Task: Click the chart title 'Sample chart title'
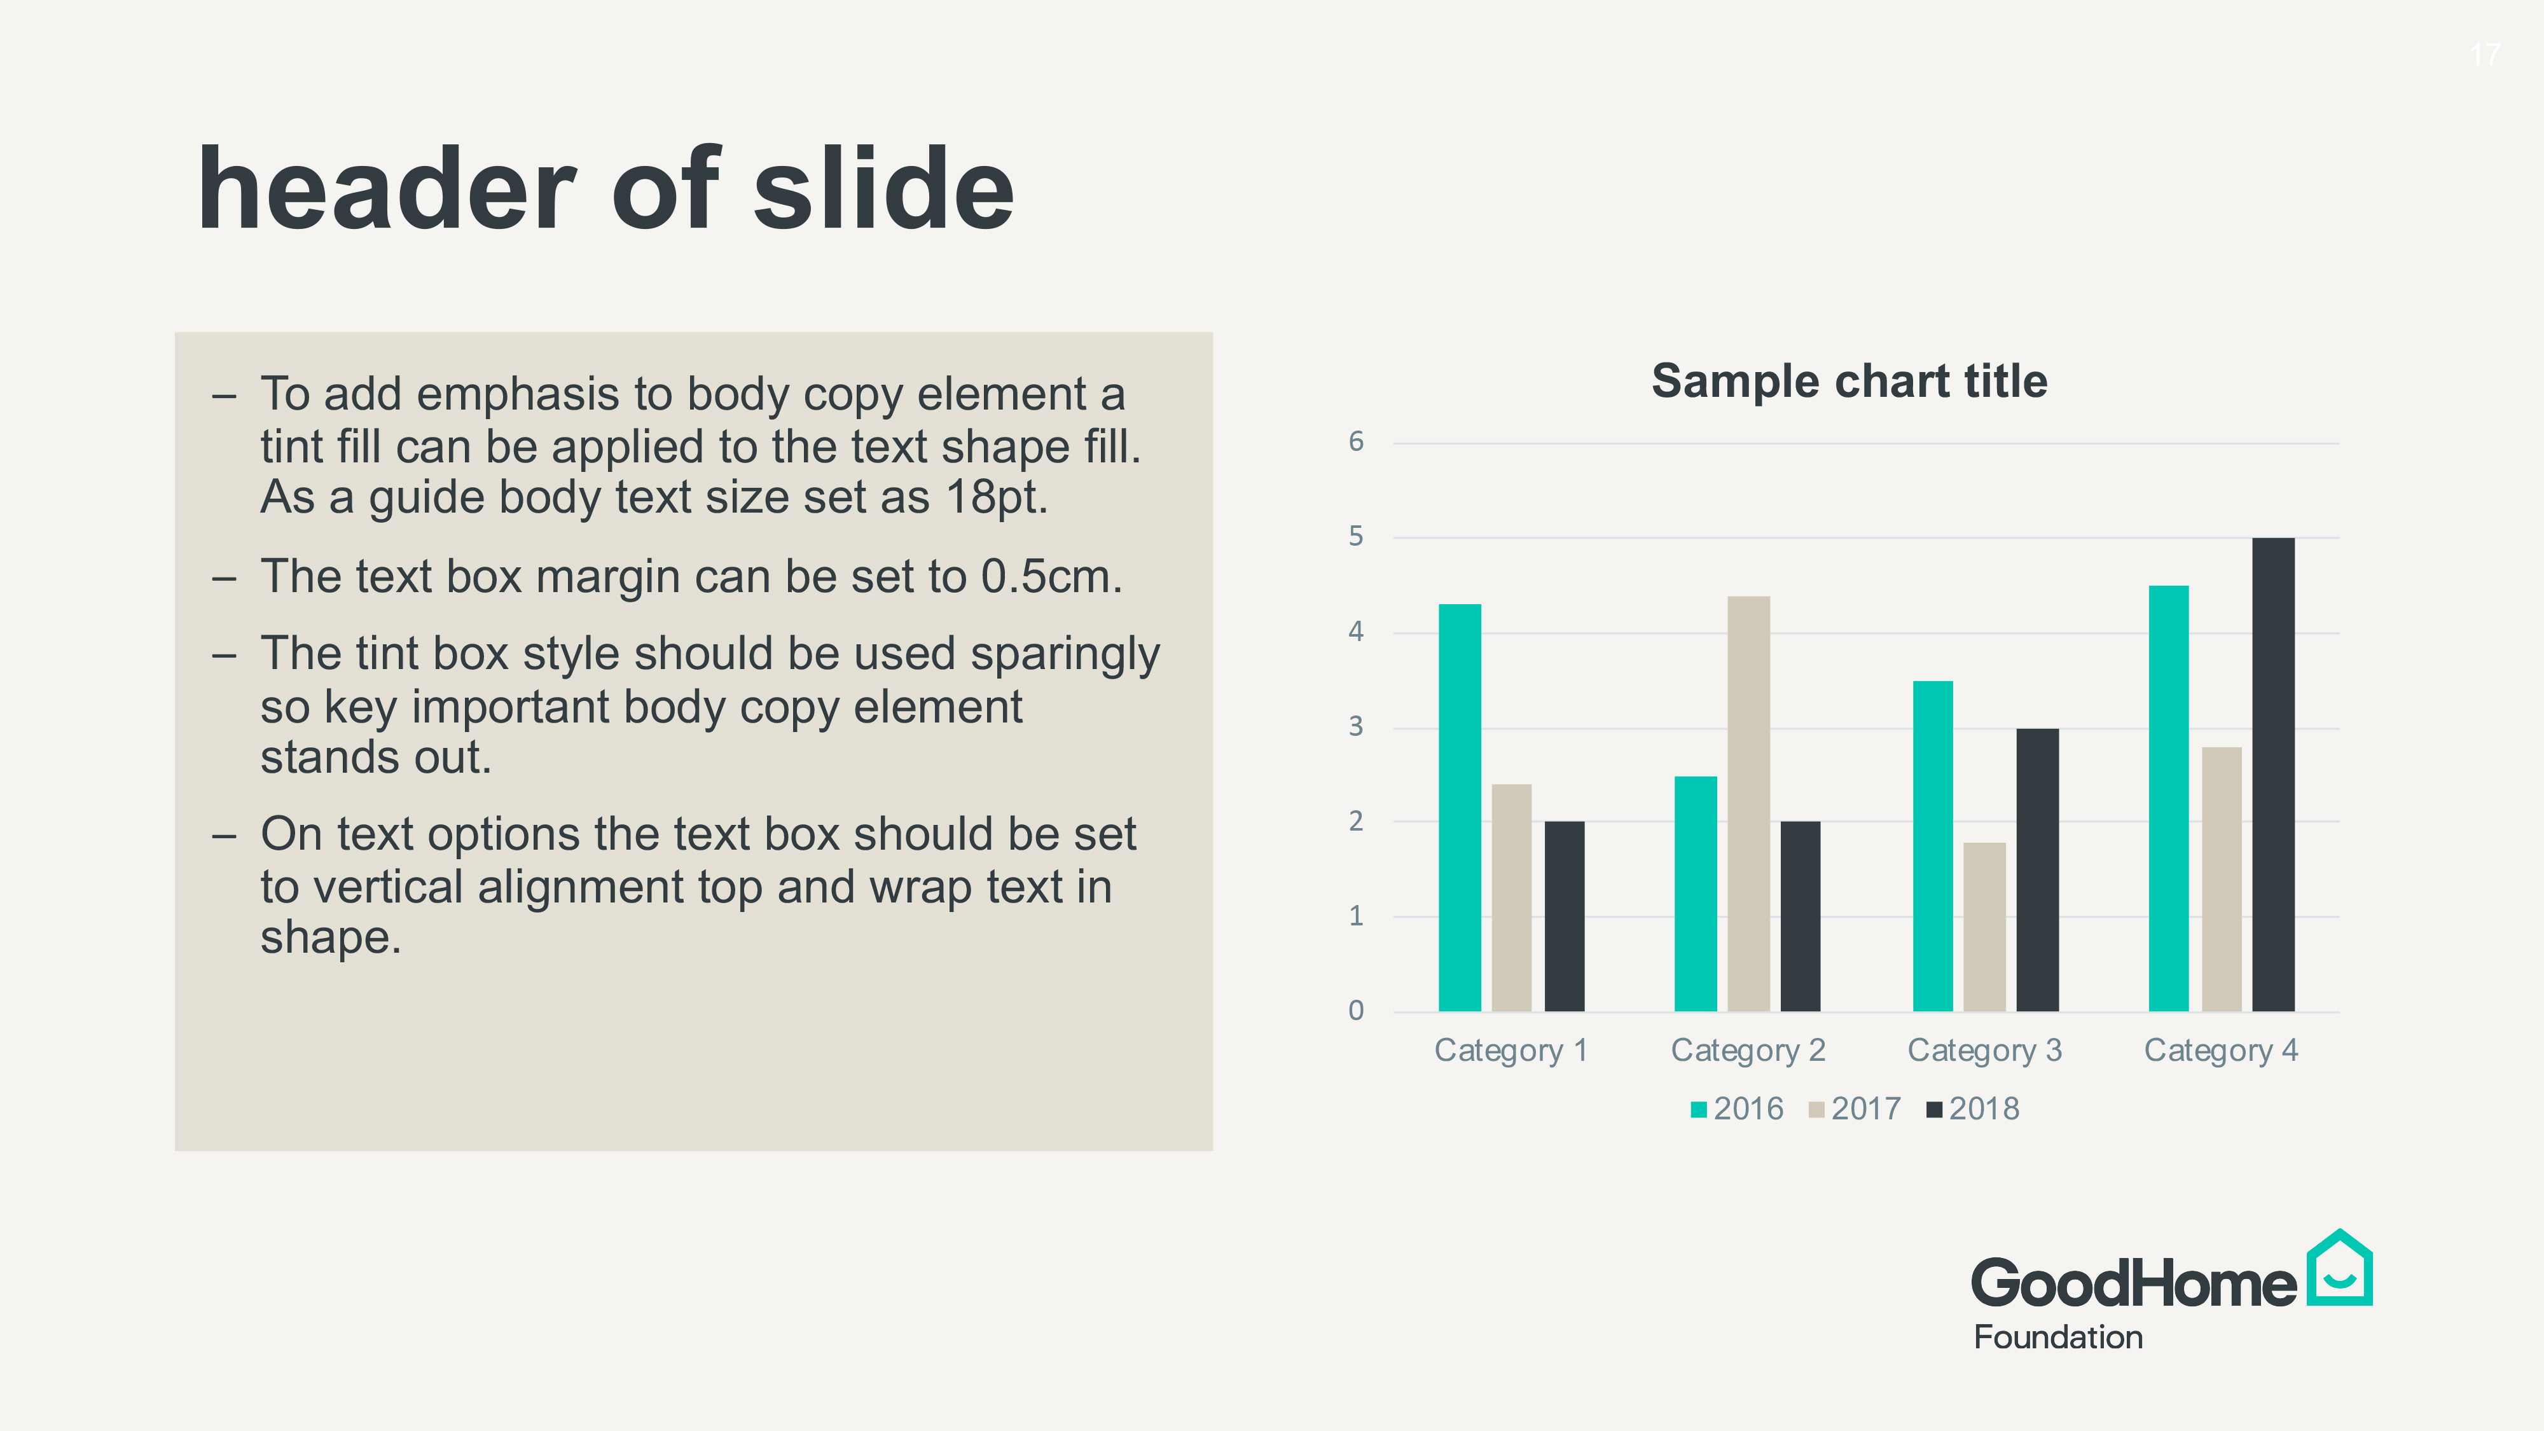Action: tap(1849, 381)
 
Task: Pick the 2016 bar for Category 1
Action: tap(1460, 808)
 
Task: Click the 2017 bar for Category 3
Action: tap(1984, 927)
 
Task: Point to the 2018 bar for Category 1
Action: tap(1565, 916)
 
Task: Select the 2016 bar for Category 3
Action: tap(1933, 847)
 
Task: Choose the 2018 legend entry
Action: tap(1973, 1109)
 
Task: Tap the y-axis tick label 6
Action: tap(1356, 441)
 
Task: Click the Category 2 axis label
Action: tap(1748, 1051)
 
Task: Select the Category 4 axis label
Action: tap(2221, 1051)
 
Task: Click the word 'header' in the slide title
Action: tap(386, 189)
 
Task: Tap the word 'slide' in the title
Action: tap(884, 189)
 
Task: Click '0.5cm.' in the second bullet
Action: tap(1052, 577)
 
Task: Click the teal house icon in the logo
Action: tap(2340, 1268)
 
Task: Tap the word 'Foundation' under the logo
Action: tap(2058, 1337)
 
